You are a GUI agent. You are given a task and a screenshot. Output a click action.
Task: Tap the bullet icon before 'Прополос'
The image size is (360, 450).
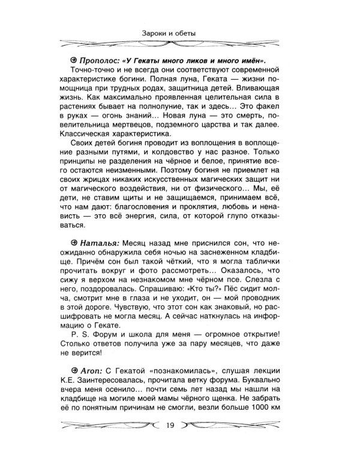tap(73, 61)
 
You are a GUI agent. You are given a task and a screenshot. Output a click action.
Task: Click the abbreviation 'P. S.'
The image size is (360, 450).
tap(80, 334)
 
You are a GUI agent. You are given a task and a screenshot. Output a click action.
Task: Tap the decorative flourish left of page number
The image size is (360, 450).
tap(111, 427)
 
